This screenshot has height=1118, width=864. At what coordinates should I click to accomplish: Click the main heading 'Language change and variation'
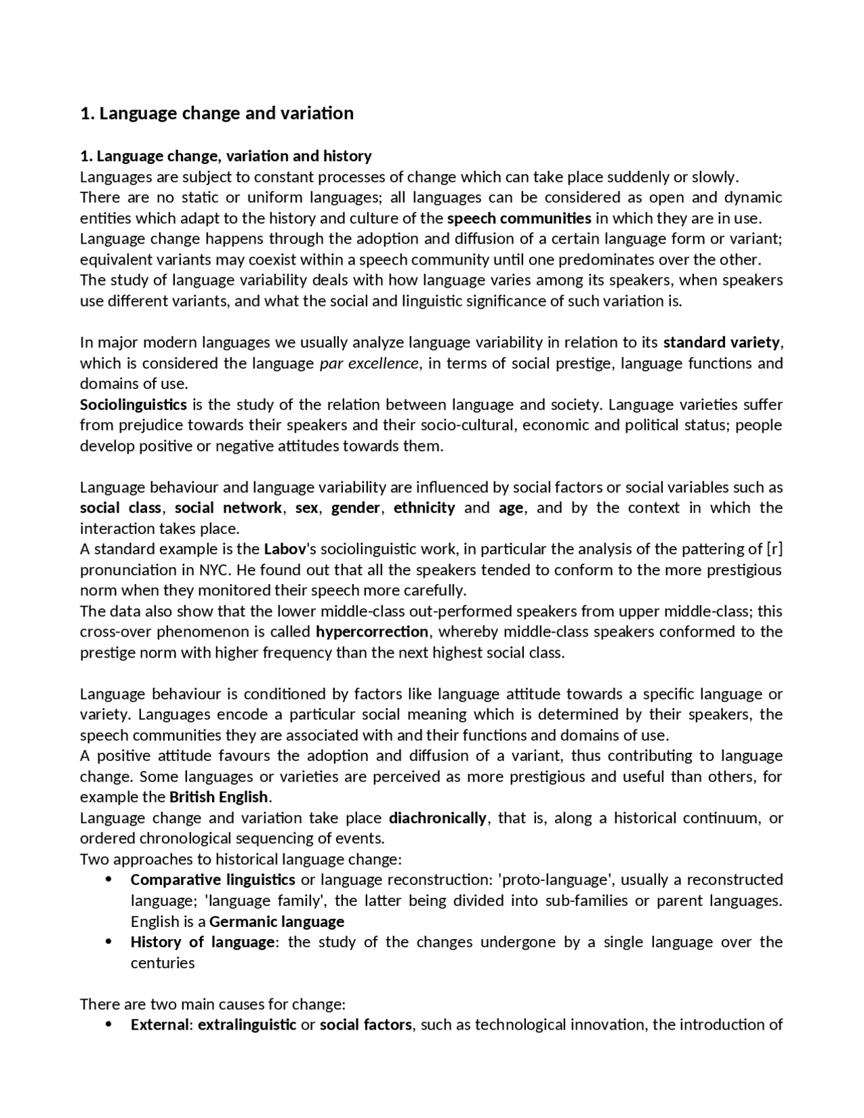tap(217, 113)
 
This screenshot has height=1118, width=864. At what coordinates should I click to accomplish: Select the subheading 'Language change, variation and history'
tap(225, 157)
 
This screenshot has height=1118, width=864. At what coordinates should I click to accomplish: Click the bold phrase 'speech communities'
tap(519, 219)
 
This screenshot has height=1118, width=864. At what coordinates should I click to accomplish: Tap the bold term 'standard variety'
tap(722, 343)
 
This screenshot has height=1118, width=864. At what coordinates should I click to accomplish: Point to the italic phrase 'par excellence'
tap(369, 364)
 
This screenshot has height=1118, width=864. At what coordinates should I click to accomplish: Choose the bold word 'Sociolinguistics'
tap(133, 405)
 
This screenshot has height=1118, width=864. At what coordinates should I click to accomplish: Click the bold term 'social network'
tap(228, 508)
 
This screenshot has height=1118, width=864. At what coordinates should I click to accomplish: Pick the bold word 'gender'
tap(355, 508)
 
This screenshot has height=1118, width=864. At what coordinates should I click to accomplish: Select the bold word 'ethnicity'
tap(425, 508)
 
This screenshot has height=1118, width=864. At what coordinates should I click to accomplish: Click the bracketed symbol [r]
tap(775, 550)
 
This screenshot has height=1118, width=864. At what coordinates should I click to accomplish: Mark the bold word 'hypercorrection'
tap(372, 633)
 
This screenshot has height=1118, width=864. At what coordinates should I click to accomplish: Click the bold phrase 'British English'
tap(219, 797)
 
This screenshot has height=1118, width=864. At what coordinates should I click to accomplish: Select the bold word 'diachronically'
tap(437, 819)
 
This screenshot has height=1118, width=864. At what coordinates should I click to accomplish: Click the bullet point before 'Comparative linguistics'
tap(109, 880)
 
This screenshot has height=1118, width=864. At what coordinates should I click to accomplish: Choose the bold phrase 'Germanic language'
tap(277, 922)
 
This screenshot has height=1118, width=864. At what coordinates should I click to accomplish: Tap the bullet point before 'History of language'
tap(109, 942)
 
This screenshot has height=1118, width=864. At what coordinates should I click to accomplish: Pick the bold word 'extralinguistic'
tap(247, 1026)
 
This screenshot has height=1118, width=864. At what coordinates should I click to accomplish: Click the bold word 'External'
tap(160, 1026)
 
